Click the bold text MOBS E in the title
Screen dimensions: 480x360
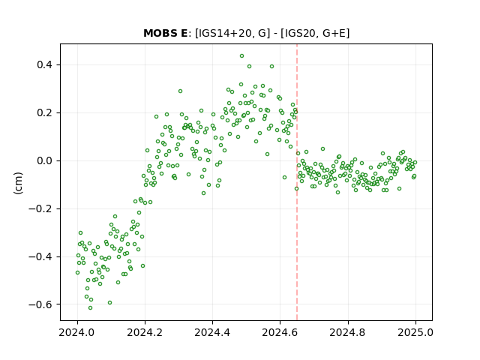[x=165, y=33]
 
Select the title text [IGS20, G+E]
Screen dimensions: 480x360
[x=315, y=33]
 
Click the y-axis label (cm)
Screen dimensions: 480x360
[x=18, y=183]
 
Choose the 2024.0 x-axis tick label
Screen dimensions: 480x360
[x=77, y=332]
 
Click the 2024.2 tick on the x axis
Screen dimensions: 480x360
[x=145, y=332]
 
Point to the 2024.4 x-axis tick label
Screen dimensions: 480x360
[x=212, y=332]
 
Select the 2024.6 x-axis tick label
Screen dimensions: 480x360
[x=280, y=332]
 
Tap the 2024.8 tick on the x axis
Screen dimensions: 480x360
[x=348, y=332]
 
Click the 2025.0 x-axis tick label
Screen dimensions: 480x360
[x=415, y=332]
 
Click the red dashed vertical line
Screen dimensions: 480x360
[x=297, y=182]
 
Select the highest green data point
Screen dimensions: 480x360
[x=241, y=56]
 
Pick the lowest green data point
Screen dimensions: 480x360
[x=90, y=308]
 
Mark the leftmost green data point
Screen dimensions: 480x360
[x=77, y=273]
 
